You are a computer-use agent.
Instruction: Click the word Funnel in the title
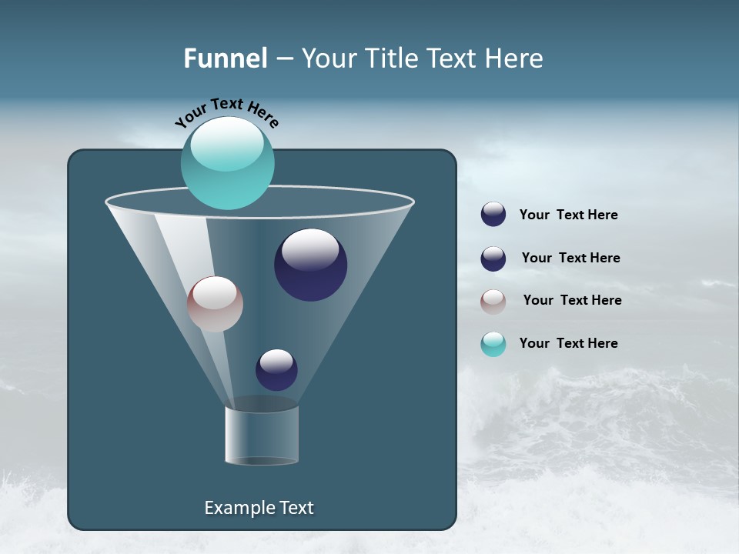(x=225, y=58)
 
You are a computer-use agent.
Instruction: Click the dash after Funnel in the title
(x=283, y=58)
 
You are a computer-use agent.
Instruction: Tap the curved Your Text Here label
(x=226, y=111)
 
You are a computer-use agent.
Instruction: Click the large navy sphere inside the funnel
(x=310, y=266)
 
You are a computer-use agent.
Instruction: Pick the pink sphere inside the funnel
(x=215, y=305)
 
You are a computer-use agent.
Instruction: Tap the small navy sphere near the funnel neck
(x=276, y=370)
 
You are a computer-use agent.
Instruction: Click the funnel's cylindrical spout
(x=262, y=435)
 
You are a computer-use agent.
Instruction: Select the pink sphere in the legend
(x=493, y=301)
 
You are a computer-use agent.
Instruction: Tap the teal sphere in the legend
(x=493, y=344)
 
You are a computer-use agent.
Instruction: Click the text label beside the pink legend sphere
(x=572, y=300)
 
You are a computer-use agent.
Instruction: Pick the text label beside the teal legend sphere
(x=568, y=343)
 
